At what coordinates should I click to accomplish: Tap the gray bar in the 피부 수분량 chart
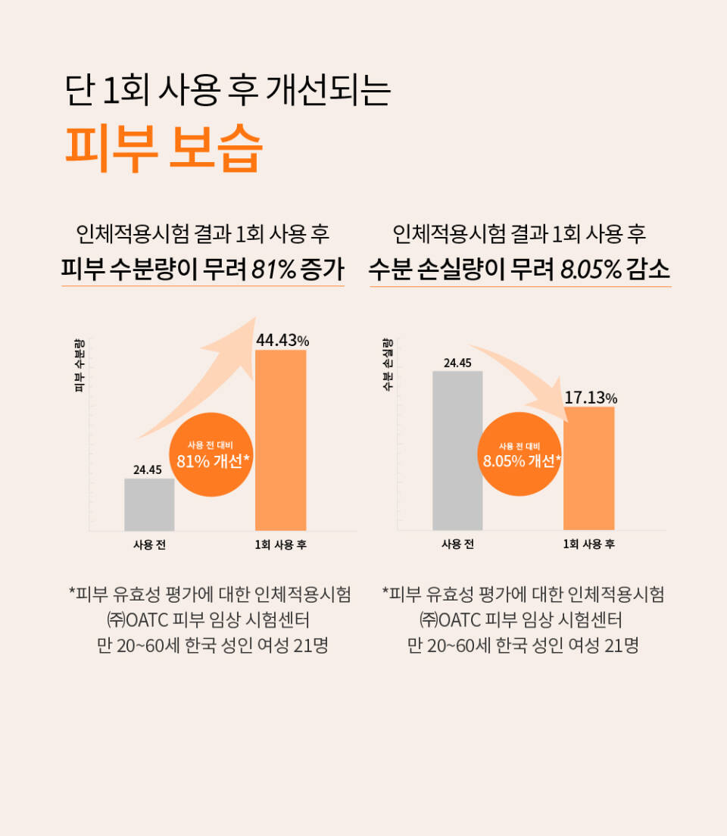pos(149,504)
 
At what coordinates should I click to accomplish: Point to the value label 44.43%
pos(282,341)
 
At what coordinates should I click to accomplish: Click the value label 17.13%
pos(591,398)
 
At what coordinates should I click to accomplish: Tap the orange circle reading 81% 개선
pos(212,454)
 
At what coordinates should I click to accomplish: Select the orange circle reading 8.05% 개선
pos(520,454)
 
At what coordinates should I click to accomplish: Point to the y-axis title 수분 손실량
pos(387,364)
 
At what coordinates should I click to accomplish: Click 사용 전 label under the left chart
pos(149,544)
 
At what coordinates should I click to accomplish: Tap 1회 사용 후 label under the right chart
pos(588,544)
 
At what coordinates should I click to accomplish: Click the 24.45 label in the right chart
pos(457,363)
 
